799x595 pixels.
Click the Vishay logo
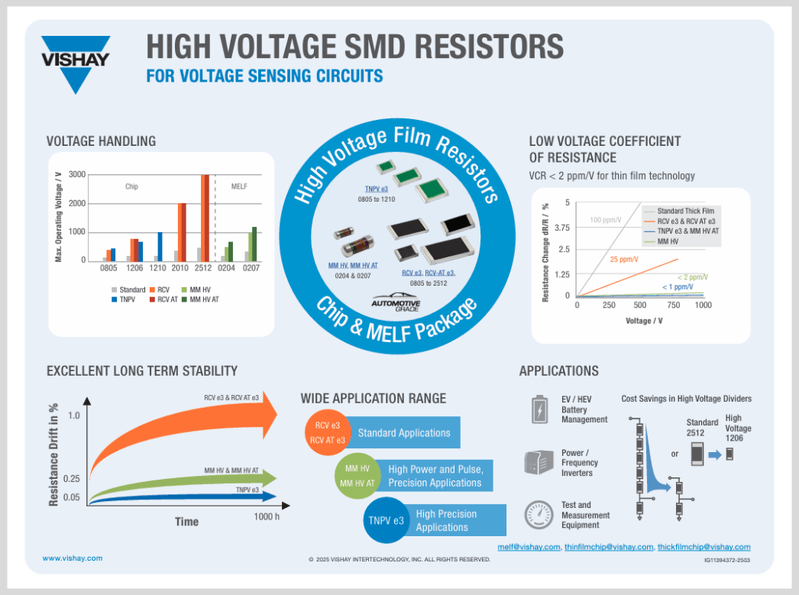pos(76,63)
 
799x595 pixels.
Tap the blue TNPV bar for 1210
pos(160,247)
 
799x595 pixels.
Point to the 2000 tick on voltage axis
pos(77,203)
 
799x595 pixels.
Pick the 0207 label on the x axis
pos(251,268)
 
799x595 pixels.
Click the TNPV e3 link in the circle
pos(376,189)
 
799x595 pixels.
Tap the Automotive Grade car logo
pos(396,302)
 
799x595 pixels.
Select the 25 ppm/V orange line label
pos(624,259)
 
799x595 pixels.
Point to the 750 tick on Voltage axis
pos(674,306)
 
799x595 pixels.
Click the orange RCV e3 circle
pos(328,432)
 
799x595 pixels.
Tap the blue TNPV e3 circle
pos(387,521)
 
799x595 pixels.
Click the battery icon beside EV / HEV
pos(539,409)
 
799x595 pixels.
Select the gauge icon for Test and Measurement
pos(539,515)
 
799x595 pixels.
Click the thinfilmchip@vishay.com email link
pos(609,547)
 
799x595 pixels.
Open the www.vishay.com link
pos(73,558)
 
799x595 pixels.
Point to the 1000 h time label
pos(267,516)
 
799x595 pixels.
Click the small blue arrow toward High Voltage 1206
pos(715,455)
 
